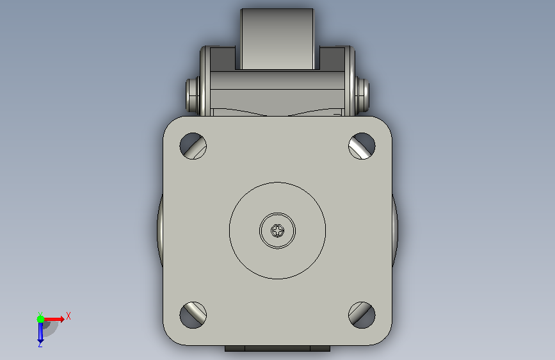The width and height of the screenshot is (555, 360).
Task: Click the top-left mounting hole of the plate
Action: tap(193, 146)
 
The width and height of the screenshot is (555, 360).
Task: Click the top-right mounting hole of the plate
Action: tap(362, 146)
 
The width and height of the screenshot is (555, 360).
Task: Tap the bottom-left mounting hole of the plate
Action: tap(193, 315)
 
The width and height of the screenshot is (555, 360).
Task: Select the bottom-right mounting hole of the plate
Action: tap(362, 315)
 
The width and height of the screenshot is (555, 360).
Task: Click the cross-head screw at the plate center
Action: tap(278, 231)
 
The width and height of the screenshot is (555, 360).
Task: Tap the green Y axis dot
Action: tap(41, 319)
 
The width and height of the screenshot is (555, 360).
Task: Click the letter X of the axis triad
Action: tap(68, 316)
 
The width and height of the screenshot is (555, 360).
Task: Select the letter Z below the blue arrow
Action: tap(40, 344)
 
